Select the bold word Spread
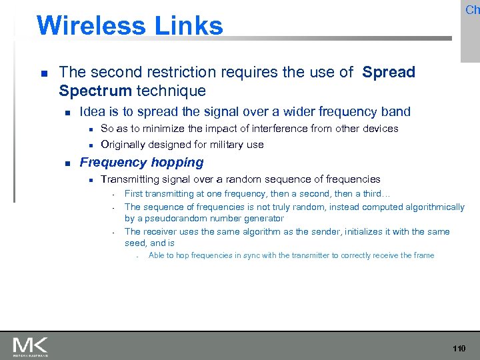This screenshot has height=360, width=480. click(389, 72)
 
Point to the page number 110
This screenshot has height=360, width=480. click(459, 349)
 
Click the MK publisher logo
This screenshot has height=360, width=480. click(30, 346)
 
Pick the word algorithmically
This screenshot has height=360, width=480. click(428, 207)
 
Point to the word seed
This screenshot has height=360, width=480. click(135, 243)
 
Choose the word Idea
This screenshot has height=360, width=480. click(92, 112)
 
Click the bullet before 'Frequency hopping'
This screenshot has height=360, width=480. click(65, 163)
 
